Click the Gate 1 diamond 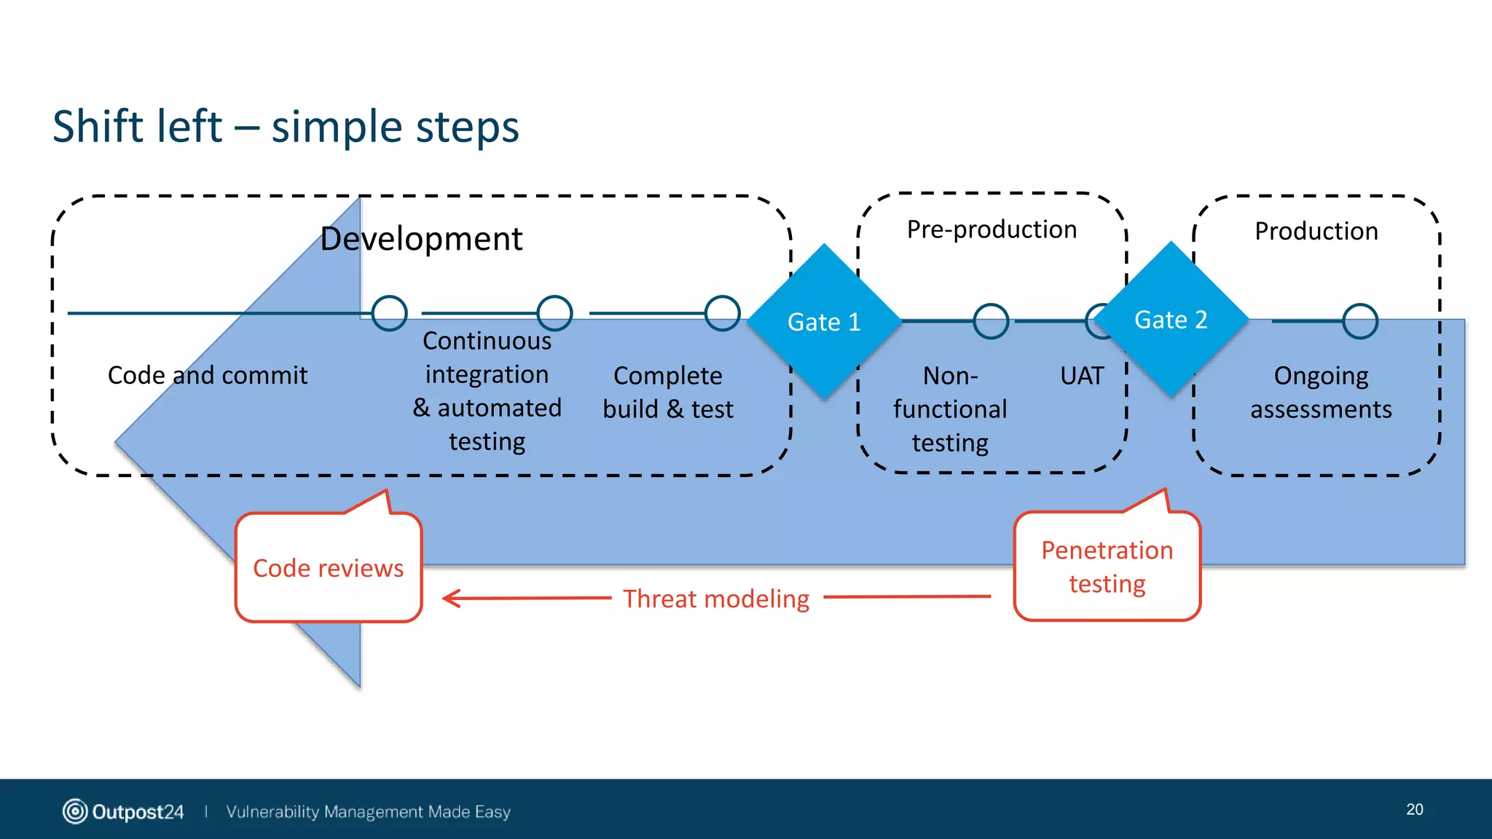point(824,321)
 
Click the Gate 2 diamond point(1171,319)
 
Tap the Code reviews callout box point(329,567)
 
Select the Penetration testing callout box point(1107,567)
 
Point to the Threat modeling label point(716,599)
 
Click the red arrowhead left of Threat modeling point(452,599)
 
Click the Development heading point(421,239)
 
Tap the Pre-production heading point(992,229)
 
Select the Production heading point(1316,231)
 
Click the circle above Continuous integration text point(554,313)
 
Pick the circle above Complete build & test point(722,313)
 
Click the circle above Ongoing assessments point(1359,321)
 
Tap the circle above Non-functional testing point(991,321)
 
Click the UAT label point(1082,376)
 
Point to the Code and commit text point(208,375)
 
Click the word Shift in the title point(98,126)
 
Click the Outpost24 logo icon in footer point(75,811)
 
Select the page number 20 point(1414,809)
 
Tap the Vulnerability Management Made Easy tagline point(368,811)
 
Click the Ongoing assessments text point(1320,393)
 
